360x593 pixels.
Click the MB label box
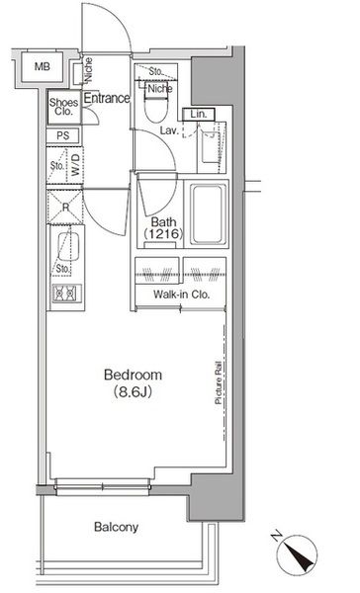(x=41, y=68)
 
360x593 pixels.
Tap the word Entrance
(x=107, y=98)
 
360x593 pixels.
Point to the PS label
(x=62, y=135)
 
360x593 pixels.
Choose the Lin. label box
(x=198, y=115)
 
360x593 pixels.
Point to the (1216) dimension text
(x=163, y=235)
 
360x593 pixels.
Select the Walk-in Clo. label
(x=178, y=295)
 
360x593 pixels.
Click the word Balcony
(x=116, y=528)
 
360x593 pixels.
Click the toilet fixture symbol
(x=157, y=105)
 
